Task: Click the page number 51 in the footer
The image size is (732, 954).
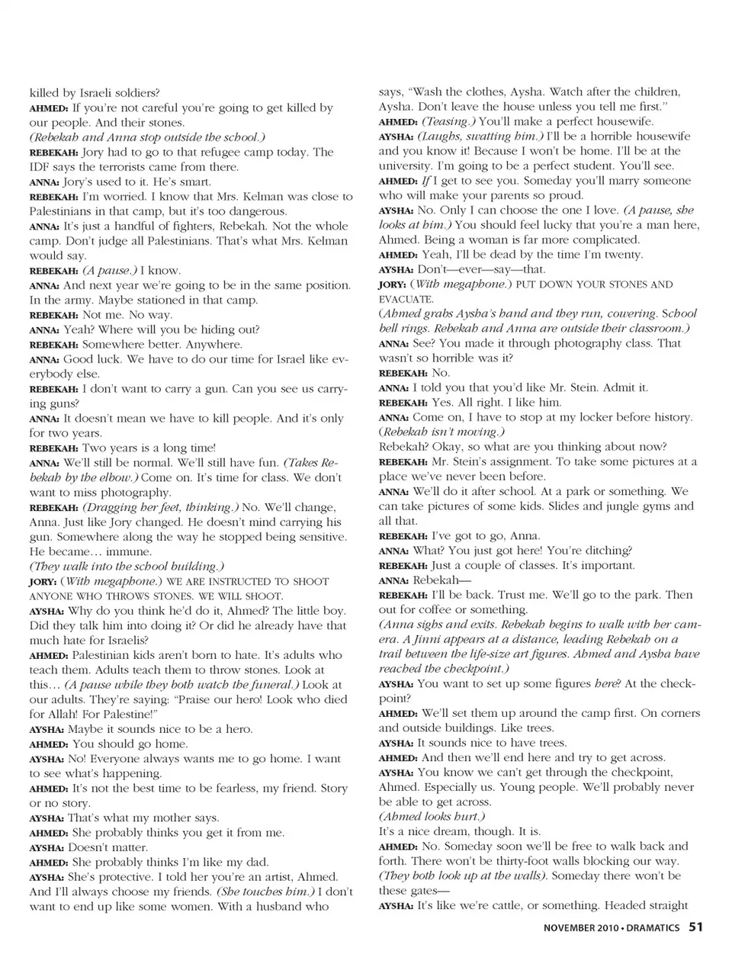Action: pos(695,927)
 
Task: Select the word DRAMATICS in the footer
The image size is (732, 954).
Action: pos(653,928)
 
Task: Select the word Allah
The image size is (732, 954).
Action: pos(64,715)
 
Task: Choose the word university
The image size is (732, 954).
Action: pos(411,165)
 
